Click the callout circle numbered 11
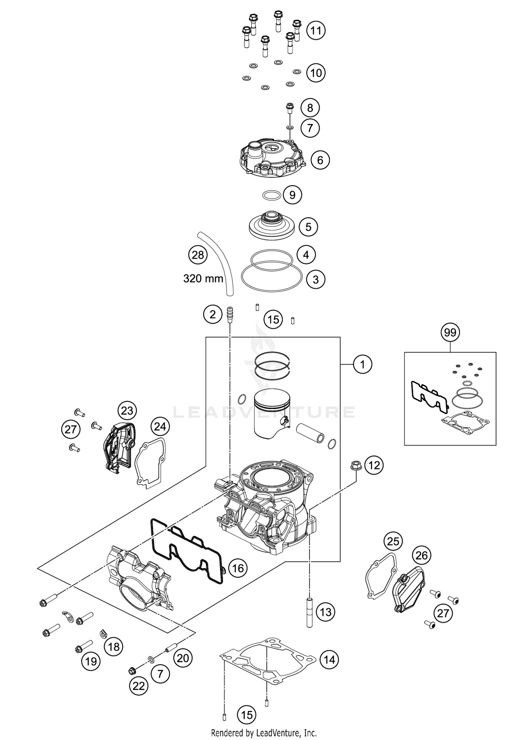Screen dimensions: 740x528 [x=316, y=31]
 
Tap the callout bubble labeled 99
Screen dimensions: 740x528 [x=450, y=332]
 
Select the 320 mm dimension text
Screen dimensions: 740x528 [x=203, y=279]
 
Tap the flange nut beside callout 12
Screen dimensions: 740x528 [x=355, y=466]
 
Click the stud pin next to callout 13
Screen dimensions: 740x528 [x=309, y=612]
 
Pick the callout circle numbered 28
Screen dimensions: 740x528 [x=198, y=255]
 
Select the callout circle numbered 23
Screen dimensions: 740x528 [x=127, y=410]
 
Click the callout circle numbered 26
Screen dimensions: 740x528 [x=421, y=555]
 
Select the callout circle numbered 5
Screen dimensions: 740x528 [x=308, y=227]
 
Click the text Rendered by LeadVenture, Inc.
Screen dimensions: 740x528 [x=264, y=733]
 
